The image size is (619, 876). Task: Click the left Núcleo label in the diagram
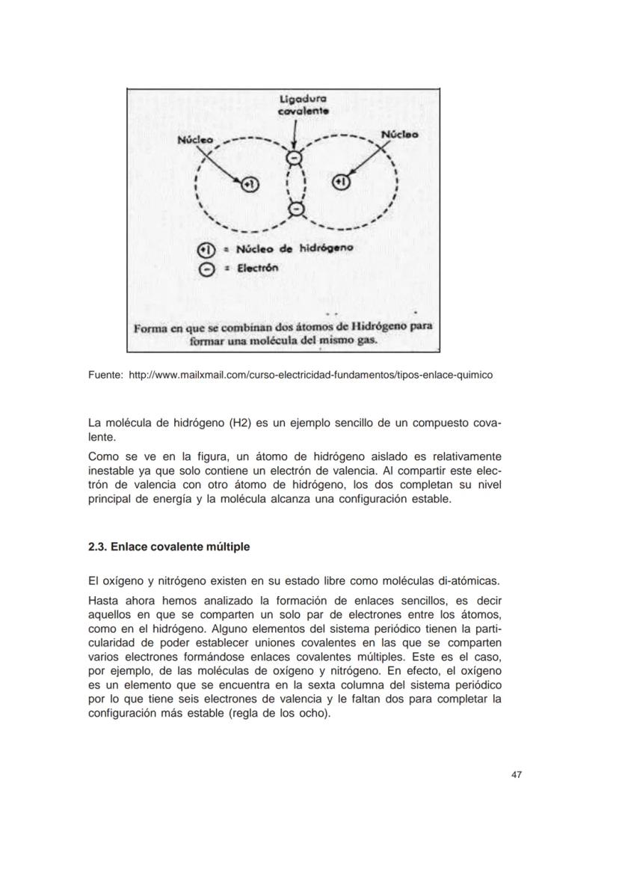click(195, 139)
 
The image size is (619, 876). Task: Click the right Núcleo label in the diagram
click(400, 135)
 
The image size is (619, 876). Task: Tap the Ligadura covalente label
click(303, 104)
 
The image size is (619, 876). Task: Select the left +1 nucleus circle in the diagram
click(248, 183)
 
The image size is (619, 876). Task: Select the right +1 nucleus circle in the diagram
click(340, 181)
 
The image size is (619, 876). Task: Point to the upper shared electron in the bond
click(295, 159)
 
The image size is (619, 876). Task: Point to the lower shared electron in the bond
click(296, 208)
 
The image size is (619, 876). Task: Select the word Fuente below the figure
click(105, 374)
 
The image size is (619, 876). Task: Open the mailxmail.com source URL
click(311, 374)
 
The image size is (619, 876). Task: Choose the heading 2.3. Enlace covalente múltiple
click(169, 547)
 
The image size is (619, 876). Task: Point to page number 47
click(516, 774)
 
